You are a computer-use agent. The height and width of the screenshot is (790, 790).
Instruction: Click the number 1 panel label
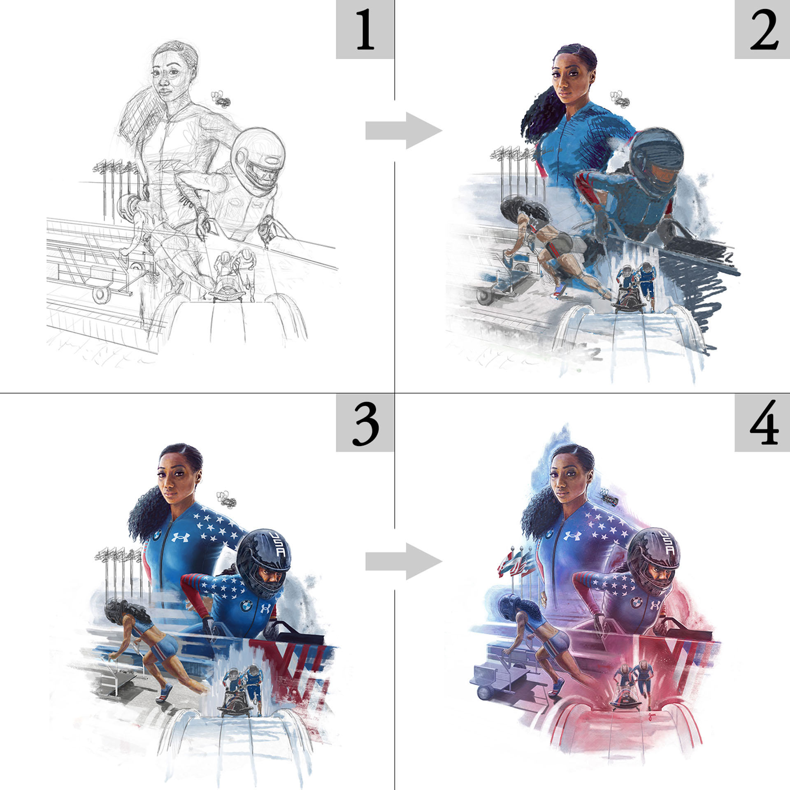click(365, 30)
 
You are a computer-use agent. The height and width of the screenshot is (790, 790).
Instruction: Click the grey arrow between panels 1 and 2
click(404, 131)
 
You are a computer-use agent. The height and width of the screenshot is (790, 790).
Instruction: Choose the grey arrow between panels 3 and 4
click(404, 561)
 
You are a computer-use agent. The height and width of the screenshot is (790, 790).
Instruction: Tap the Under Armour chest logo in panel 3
click(180, 537)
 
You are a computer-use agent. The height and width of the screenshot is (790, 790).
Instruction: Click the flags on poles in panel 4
click(516, 564)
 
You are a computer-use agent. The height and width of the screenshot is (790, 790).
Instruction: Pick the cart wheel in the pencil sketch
click(100, 295)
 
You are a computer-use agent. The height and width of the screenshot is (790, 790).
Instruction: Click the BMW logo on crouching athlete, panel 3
click(246, 606)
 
